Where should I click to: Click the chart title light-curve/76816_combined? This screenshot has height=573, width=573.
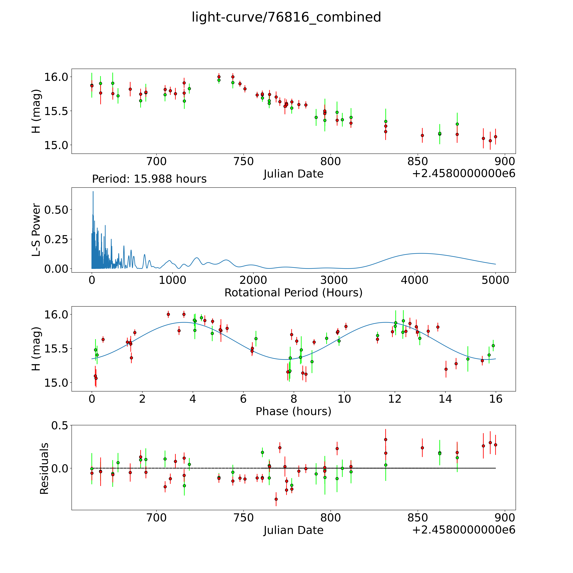coord(286,17)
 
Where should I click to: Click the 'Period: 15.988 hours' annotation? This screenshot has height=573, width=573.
coord(149,179)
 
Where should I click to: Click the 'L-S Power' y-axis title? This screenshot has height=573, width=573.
coord(36,230)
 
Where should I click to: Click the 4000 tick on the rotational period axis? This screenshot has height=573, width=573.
coord(415,280)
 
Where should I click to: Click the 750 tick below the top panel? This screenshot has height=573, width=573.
coord(243,162)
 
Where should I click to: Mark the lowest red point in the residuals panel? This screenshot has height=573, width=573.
coord(276,499)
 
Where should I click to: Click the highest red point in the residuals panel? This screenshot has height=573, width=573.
coord(386,440)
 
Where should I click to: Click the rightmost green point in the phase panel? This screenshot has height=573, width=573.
coord(493,345)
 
